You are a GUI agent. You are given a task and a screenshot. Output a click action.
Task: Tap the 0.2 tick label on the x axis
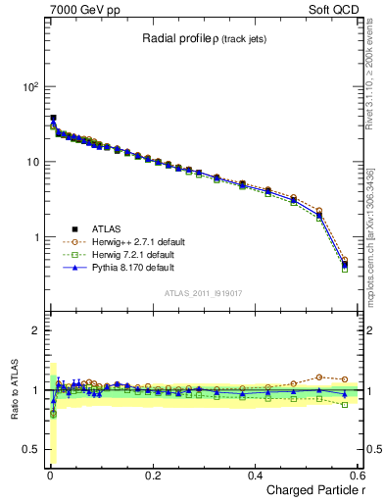[152, 476]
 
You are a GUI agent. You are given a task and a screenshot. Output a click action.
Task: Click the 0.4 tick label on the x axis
[255, 476]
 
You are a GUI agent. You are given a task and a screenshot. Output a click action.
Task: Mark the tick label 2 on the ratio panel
[33, 330]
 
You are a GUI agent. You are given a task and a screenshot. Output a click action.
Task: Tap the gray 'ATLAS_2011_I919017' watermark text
[206, 293]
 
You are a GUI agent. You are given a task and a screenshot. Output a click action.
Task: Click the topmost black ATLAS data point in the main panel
[53, 118]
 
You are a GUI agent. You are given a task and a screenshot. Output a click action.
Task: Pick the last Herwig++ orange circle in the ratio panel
[344, 379]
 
